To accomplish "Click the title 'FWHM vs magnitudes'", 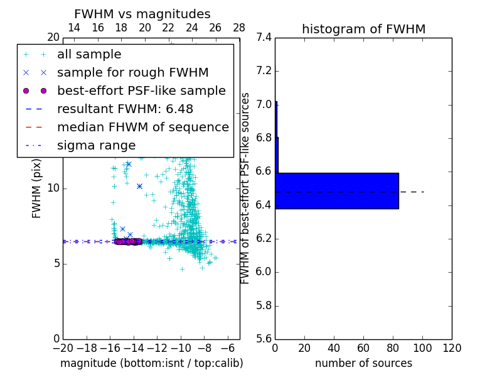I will pyautogui.click(x=142, y=14).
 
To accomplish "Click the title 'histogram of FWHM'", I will pyautogui.click(x=363, y=30).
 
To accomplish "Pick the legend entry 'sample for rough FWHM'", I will pyautogui.click(x=132, y=73).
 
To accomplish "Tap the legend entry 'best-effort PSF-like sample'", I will pyautogui.click(x=141, y=91).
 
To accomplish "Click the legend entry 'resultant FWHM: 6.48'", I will pyautogui.click(x=125, y=109).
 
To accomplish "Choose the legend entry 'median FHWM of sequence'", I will pyautogui.click(x=142, y=128).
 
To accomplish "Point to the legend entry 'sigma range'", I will pyautogui.click(x=96, y=146).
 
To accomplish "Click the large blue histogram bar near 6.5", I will pyautogui.click(x=336, y=190).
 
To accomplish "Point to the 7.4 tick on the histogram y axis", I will pyautogui.click(x=264, y=38).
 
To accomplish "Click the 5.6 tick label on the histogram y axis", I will pyautogui.click(x=264, y=339).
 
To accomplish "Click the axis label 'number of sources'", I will pyautogui.click(x=363, y=364).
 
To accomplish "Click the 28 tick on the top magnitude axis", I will pyautogui.click(x=239, y=28).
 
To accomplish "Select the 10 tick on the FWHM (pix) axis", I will pyautogui.click(x=53, y=188).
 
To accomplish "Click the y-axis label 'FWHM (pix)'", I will pyautogui.click(x=37, y=188).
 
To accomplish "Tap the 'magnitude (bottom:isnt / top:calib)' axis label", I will pyautogui.click(x=151, y=364).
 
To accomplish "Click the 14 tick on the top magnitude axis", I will pyautogui.click(x=73, y=28).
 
